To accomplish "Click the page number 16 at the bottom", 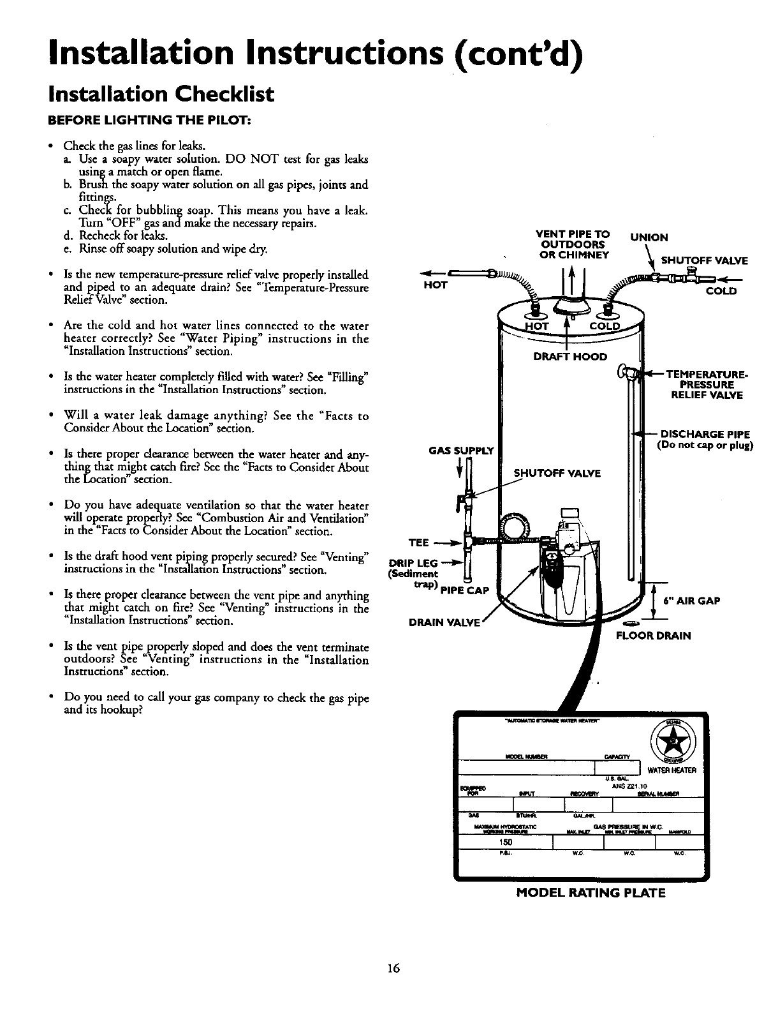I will tap(392, 968).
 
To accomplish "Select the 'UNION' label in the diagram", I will tap(649, 237).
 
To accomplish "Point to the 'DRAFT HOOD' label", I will tap(570, 356).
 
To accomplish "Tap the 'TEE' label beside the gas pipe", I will tap(418, 543).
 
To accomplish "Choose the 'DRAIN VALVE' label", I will tap(444, 624).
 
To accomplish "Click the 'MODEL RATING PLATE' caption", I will tap(591, 893).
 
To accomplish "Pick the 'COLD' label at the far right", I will tap(721, 291).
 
